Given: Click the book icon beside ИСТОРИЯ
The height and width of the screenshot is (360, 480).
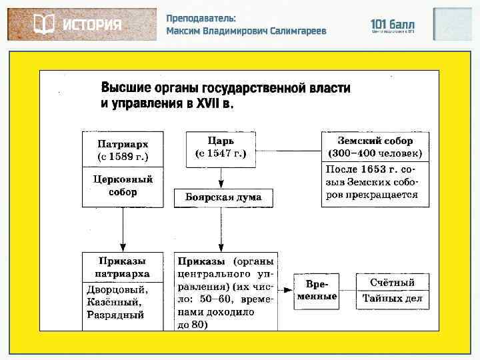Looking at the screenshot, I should tap(43, 25).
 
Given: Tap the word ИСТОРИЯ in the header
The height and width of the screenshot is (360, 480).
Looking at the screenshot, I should tap(93, 25).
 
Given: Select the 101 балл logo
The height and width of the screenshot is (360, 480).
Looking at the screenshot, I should tap(393, 25).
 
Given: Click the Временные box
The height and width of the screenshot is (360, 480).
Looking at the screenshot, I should tap(317, 291).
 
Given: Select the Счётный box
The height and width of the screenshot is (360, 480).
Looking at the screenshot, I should tap(393, 283).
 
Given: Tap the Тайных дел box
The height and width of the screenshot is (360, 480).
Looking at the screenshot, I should tap(393, 299).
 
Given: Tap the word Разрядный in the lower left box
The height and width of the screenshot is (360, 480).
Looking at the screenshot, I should tap(115, 315).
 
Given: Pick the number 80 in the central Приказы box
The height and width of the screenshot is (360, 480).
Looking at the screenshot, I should tap(199, 325).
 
